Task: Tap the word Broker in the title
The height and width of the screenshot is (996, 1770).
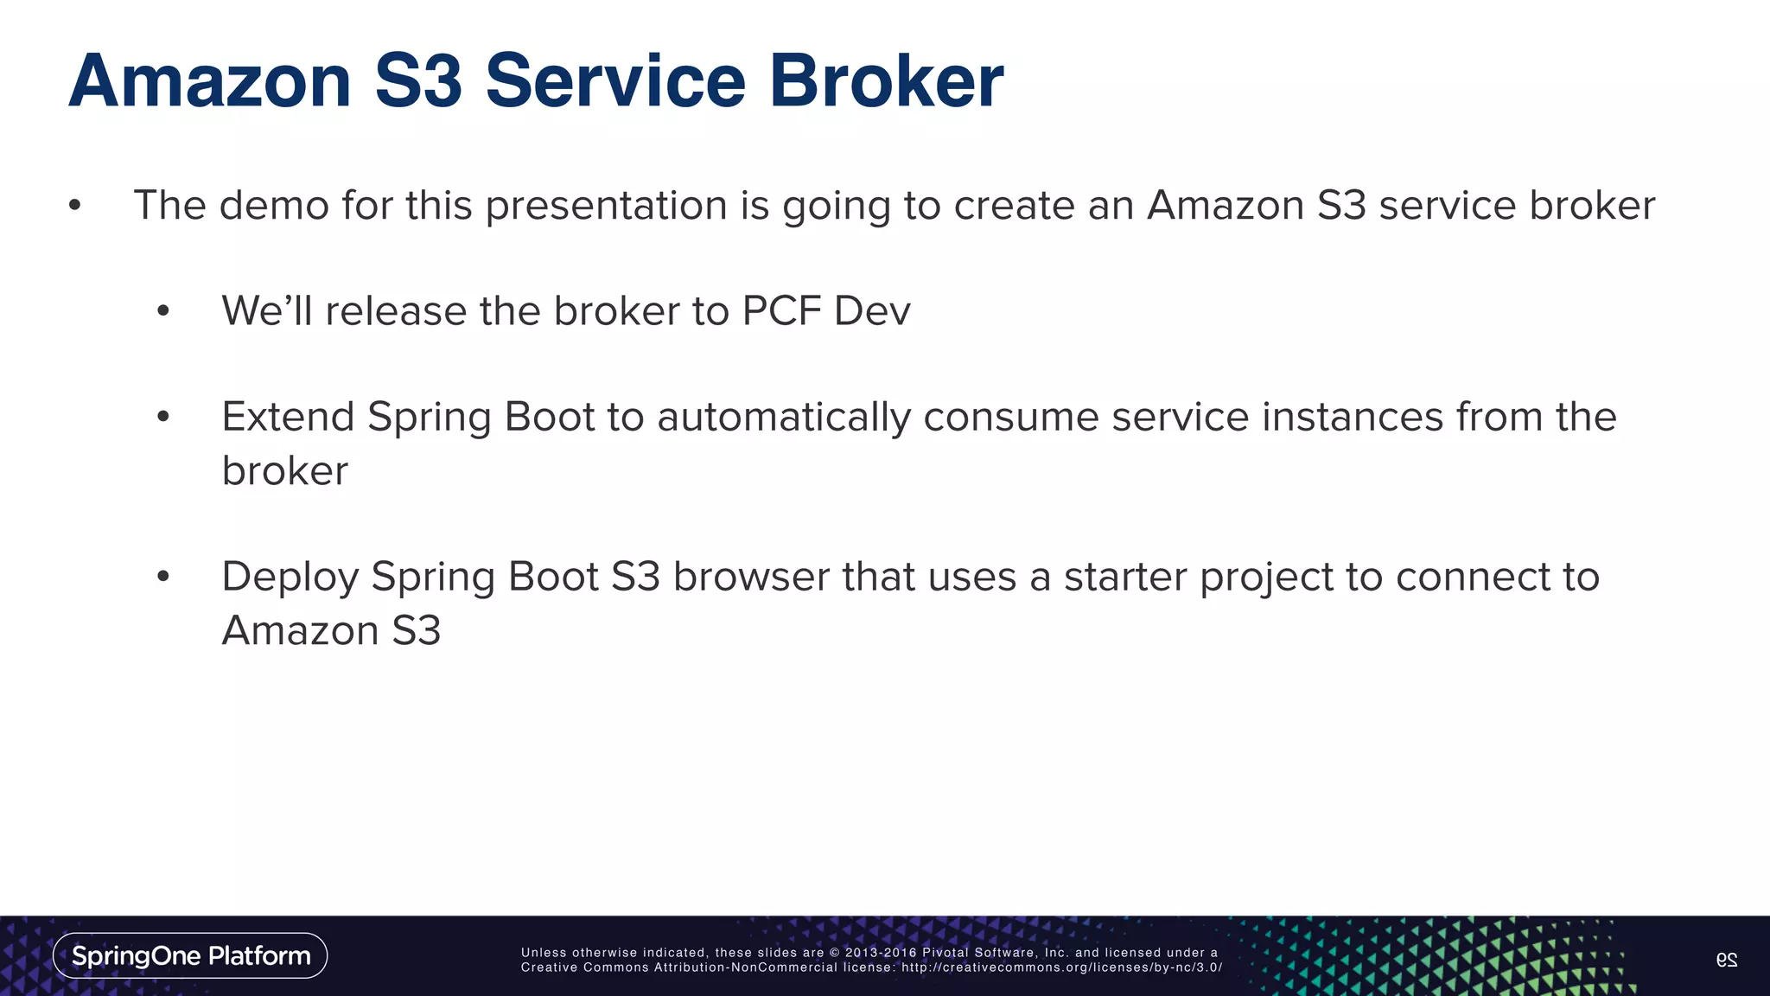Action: coord(886,81)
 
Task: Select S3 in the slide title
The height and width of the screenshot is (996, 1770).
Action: coord(418,81)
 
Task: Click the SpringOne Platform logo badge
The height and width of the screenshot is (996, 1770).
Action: coord(190,955)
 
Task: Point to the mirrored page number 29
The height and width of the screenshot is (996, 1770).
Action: coord(1726,959)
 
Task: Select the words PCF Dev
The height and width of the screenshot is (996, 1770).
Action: coord(825,311)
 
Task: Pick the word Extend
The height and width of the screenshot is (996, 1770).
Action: coord(288,418)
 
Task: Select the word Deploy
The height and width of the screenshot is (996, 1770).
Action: coord(290,578)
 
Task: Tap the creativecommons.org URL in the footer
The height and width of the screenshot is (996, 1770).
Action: coord(1062,967)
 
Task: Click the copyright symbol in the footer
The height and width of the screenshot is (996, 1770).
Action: coord(834,953)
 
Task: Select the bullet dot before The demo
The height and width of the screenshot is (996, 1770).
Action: coord(75,206)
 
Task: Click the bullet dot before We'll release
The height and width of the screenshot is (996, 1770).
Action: coord(163,311)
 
